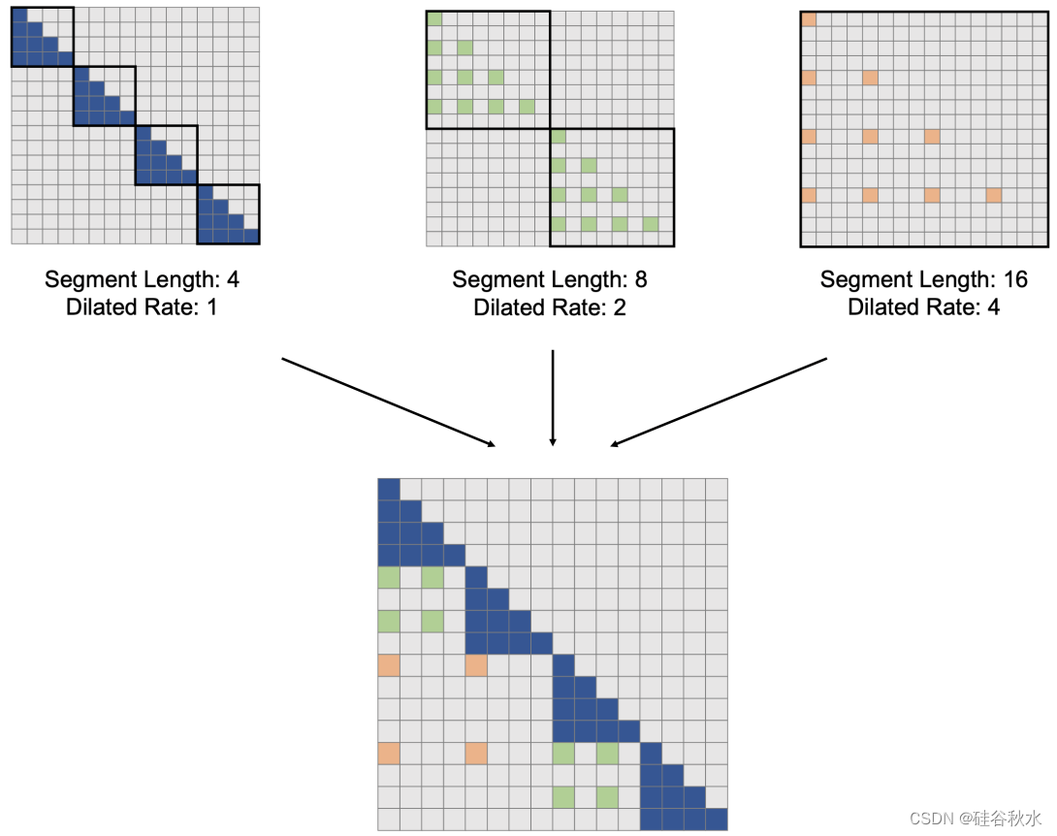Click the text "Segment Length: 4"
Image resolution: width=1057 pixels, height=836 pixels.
pyautogui.click(x=142, y=280)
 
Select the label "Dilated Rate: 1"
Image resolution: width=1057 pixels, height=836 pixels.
pyautogui.click(x=142, y=307)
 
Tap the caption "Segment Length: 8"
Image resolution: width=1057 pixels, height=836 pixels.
pyautogui.click(x=550, y=280)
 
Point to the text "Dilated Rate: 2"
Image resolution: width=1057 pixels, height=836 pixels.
pyautogui.click(x=550, y=307)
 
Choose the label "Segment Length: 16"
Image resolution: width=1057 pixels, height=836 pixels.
pyautogui.click(x=923, y=280)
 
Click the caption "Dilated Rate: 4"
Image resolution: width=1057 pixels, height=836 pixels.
pyautogui.click(x=923, y=307)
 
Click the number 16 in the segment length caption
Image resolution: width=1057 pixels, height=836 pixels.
pyautogui.click(x=1014, y=280)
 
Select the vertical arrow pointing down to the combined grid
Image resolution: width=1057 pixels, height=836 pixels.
pyautogui.click(x=553, y=398)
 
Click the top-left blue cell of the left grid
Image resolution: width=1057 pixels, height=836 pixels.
pyautogui.click(x=18, y=14)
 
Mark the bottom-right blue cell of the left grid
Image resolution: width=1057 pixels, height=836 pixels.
pyautogui.click(x=252, y=236)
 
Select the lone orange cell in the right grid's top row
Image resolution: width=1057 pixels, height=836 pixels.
pyautogui.click(x=809, y=19)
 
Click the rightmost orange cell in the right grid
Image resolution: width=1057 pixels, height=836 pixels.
pyautogui.click(x=993, y=195)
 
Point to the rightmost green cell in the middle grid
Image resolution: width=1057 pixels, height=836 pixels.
pyautogui.click(x=651, y=225)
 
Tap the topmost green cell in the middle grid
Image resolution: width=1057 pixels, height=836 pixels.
pyautogui.click(x=434, y=18)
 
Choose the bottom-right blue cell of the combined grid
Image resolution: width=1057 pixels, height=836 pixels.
pyautogui.click(x=717, y=820)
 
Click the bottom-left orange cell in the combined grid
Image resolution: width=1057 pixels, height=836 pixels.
pyautogui.click(x=388, y=753)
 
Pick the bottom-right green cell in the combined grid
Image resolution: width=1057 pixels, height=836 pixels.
pyautogui.click(x=607, y=797)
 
